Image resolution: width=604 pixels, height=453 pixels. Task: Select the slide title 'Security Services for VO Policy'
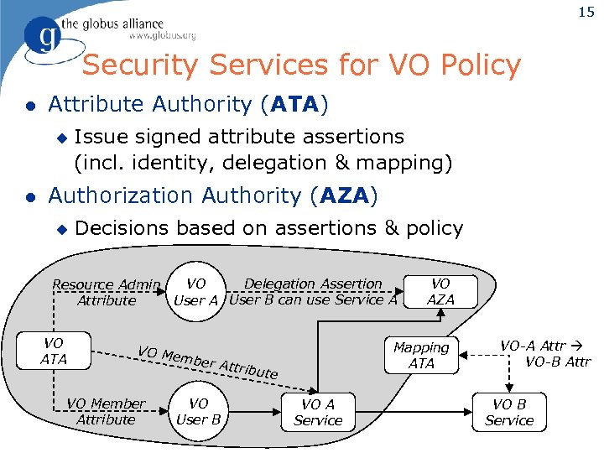tap(302, 65)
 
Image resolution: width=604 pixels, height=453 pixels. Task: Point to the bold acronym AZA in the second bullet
tap(343, 195)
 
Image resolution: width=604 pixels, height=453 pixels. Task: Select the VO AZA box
tap(440, 291)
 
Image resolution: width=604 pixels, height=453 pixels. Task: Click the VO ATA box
tap(54, 351)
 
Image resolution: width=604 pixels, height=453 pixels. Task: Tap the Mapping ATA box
tap(421, 355)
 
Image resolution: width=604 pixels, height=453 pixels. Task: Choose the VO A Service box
tap(318, 412)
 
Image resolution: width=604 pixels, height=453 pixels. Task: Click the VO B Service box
tap(509, 412)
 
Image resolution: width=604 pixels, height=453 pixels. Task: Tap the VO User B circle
tap(198, 411)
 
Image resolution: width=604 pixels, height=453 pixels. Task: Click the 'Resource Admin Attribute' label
tap(107, 292)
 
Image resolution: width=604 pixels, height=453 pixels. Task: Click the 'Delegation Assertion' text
tap(313, 284)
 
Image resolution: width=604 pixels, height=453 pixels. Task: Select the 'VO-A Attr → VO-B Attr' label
tap(545, 354)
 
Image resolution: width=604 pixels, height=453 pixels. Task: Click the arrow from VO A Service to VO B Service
tap(411, 412)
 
